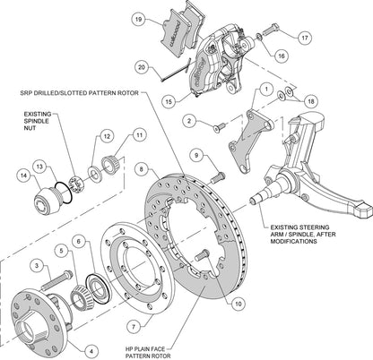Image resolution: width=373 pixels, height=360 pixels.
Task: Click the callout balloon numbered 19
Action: click(138, 18)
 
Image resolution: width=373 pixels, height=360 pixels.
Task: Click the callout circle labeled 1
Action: click(265, 90)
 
